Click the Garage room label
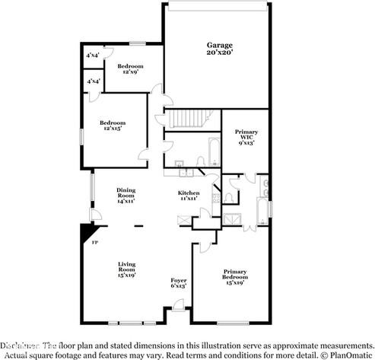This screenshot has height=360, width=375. tap(218, 45)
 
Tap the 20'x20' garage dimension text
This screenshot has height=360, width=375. tap(218, 53)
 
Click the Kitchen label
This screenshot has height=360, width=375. tap(189, 193)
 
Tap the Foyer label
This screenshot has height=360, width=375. tap(178, 280)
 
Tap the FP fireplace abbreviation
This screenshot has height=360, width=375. tap(95, 244)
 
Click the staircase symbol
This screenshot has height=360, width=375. tap(183, 119)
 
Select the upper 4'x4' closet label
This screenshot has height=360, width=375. tap(94, 56)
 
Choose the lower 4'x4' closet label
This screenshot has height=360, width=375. tap(94, 81)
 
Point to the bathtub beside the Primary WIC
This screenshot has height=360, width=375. tap(214, 152)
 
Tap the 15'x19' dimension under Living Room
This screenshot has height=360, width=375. tap(126, 275)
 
